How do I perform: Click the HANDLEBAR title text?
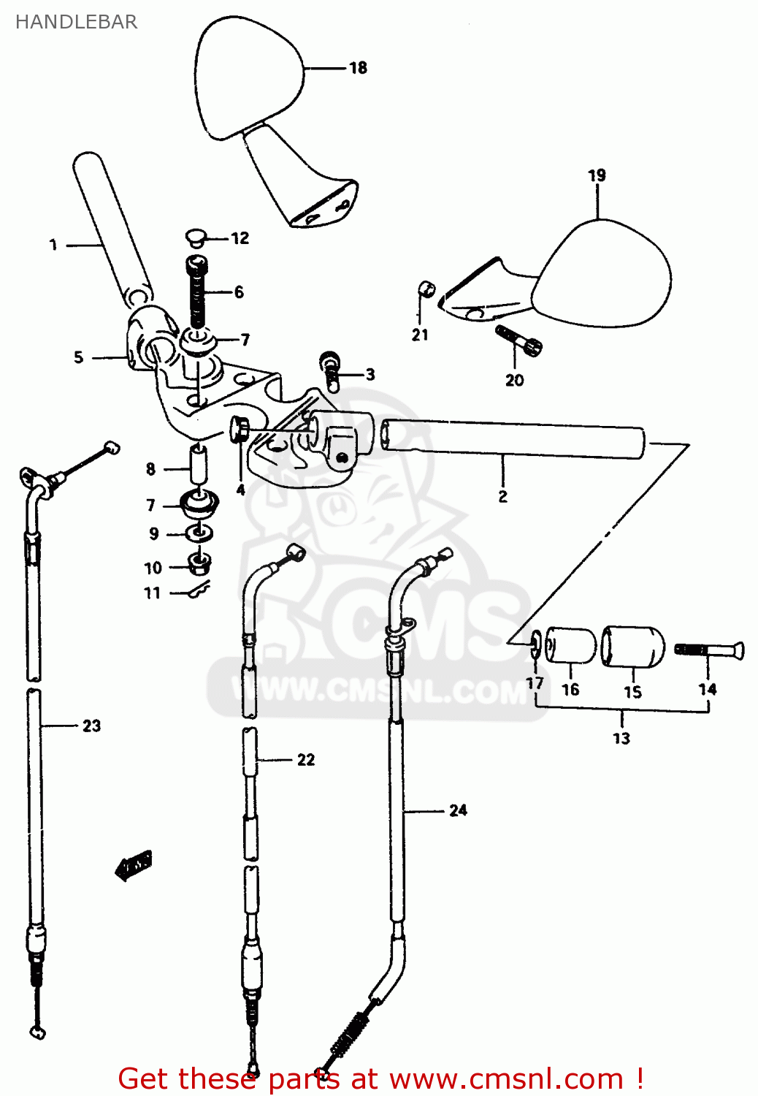click(x=76, y=22)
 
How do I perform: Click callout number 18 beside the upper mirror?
click(x=358, y=68)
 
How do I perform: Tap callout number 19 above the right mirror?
click(x=597, y=175)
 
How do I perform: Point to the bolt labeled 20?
click(x=518, y=340)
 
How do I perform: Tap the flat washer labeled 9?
click(x=198, y=534)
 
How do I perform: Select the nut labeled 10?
click(x=199, y=563)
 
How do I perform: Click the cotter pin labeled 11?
click(x=198, y=590)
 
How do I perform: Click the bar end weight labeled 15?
click(x=633, y=646)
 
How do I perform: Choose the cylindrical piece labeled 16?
click(x=570, y=644)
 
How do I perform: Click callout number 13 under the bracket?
click(x=621, y=738)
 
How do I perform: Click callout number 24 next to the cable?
click(x=458, y=810)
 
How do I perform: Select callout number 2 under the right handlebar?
click(x=502, y=497)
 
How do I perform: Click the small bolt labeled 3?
click(x=329, y=369)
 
